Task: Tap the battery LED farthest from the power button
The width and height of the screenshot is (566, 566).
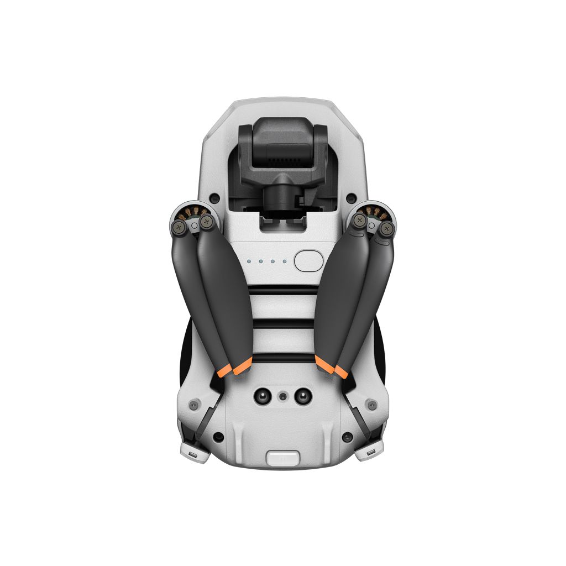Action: [x=249, y=261]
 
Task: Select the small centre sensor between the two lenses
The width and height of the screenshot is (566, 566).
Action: [x=283, y=396]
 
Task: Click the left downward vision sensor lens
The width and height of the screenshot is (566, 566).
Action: [x=261, y=396]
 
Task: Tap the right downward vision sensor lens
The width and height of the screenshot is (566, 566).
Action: [x=303, y=396]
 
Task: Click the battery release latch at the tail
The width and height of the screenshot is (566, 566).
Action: [x=283, y=458]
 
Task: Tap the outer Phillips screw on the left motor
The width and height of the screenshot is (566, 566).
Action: [x=179, y=226]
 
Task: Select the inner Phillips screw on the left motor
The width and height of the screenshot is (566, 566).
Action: [x=207, y=222]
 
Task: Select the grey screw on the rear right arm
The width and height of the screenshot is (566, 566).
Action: [x=372, y=405]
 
